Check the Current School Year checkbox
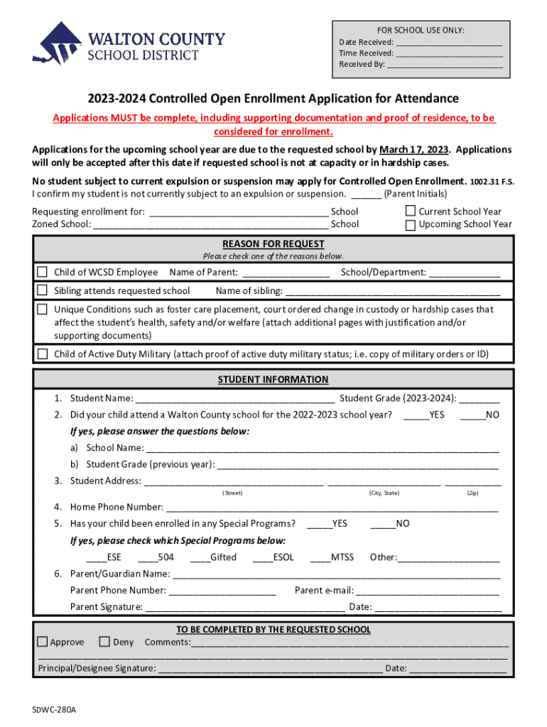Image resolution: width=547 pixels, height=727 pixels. click(410, 211)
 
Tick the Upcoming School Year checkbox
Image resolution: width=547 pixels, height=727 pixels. click(410, 225)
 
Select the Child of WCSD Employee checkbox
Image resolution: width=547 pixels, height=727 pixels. click(43, 272)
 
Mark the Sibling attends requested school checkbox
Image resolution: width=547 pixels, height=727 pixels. click(43, 290)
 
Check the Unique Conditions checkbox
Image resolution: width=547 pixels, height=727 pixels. click(43, 310)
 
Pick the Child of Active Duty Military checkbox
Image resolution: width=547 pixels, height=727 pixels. click(43, 354)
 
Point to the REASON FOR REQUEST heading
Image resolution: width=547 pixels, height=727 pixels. click(273, 244)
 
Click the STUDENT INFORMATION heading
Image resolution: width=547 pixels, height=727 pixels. click(273, 380)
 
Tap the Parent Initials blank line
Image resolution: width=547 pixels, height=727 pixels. click(366, 194)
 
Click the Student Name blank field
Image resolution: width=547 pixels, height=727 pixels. click(234, 398)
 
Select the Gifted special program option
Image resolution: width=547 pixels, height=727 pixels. click(213, 557)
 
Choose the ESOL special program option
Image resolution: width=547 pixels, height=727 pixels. click(273, 557)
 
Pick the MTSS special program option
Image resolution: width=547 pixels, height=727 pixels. click(332, 557)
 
